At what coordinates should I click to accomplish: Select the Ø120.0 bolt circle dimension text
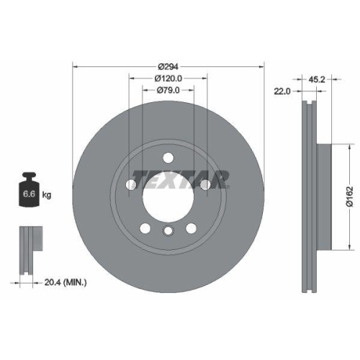[x=167, y=78]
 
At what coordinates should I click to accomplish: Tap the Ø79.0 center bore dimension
[x=167, y=90]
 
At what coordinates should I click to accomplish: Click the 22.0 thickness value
[x=282, y=90]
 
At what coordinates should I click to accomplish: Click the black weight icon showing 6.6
[x=29, y=191]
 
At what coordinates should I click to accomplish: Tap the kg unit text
[x=47, y=195]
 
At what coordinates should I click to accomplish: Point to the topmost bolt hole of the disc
[x=168, y=158]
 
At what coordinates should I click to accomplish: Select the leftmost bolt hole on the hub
[x=130, y=185]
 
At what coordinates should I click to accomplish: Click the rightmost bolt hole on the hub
[x=205, y=185]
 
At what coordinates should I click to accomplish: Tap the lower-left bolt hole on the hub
[x=145, y=228]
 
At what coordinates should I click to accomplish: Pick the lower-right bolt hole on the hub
[x=191, y=228]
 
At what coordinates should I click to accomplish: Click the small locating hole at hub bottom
[x=168, y=231]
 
